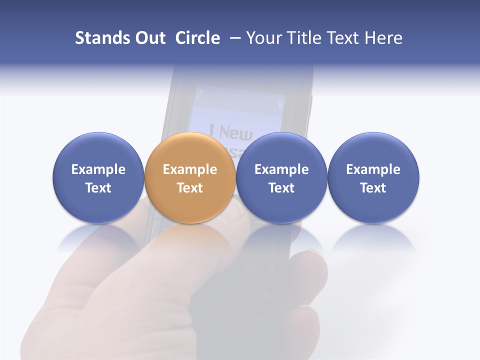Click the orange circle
[x=190, y=178]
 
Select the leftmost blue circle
[x=98, y=178]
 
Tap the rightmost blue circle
[x=373, y=178]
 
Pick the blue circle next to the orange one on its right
[x=281, y=178]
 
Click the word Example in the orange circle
[x=190, y=169]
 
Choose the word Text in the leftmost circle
[x=98, y=188]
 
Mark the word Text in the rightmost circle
[x=373, y=188]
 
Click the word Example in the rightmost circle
[x=373, y=169]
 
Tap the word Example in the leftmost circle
[x=98, y=169]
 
